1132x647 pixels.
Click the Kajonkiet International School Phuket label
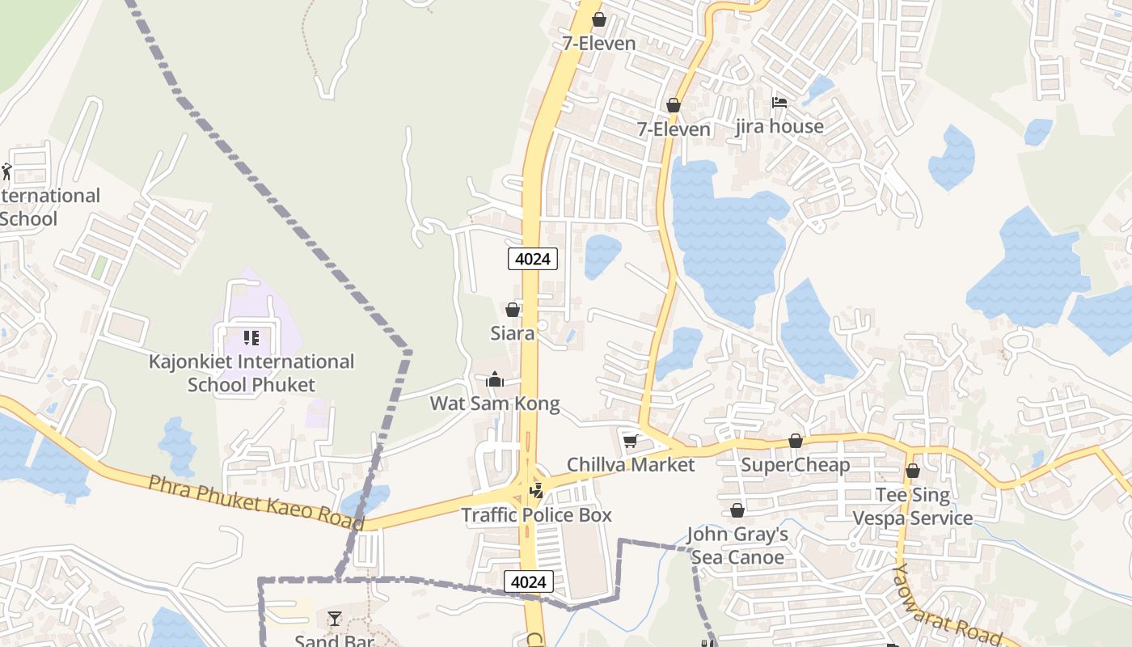coord(251,373)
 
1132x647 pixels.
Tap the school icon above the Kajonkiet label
coord(251,337)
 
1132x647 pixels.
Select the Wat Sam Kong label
coord(494,403)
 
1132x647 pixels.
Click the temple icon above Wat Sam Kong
coord(495,379)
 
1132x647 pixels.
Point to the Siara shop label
coord(512,332)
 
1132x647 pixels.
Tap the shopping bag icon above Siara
coord(512,310)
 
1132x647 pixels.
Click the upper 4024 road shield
coord(533,259)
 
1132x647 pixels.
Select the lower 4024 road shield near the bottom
coord(530,581)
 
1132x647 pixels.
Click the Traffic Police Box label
coord(536,514)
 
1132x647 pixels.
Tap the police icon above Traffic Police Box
coord(535,490)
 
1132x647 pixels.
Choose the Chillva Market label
coord(630,464)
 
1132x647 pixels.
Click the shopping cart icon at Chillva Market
coord(630,441)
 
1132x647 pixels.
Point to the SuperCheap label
coord(795,465)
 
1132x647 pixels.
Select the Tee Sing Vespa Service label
coord(913,506)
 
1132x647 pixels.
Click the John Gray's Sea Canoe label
coord(737,546)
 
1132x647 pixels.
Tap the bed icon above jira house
coord(779,103)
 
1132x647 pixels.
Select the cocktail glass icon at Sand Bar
coord(335,619)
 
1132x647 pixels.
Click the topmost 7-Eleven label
coord(599,43)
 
